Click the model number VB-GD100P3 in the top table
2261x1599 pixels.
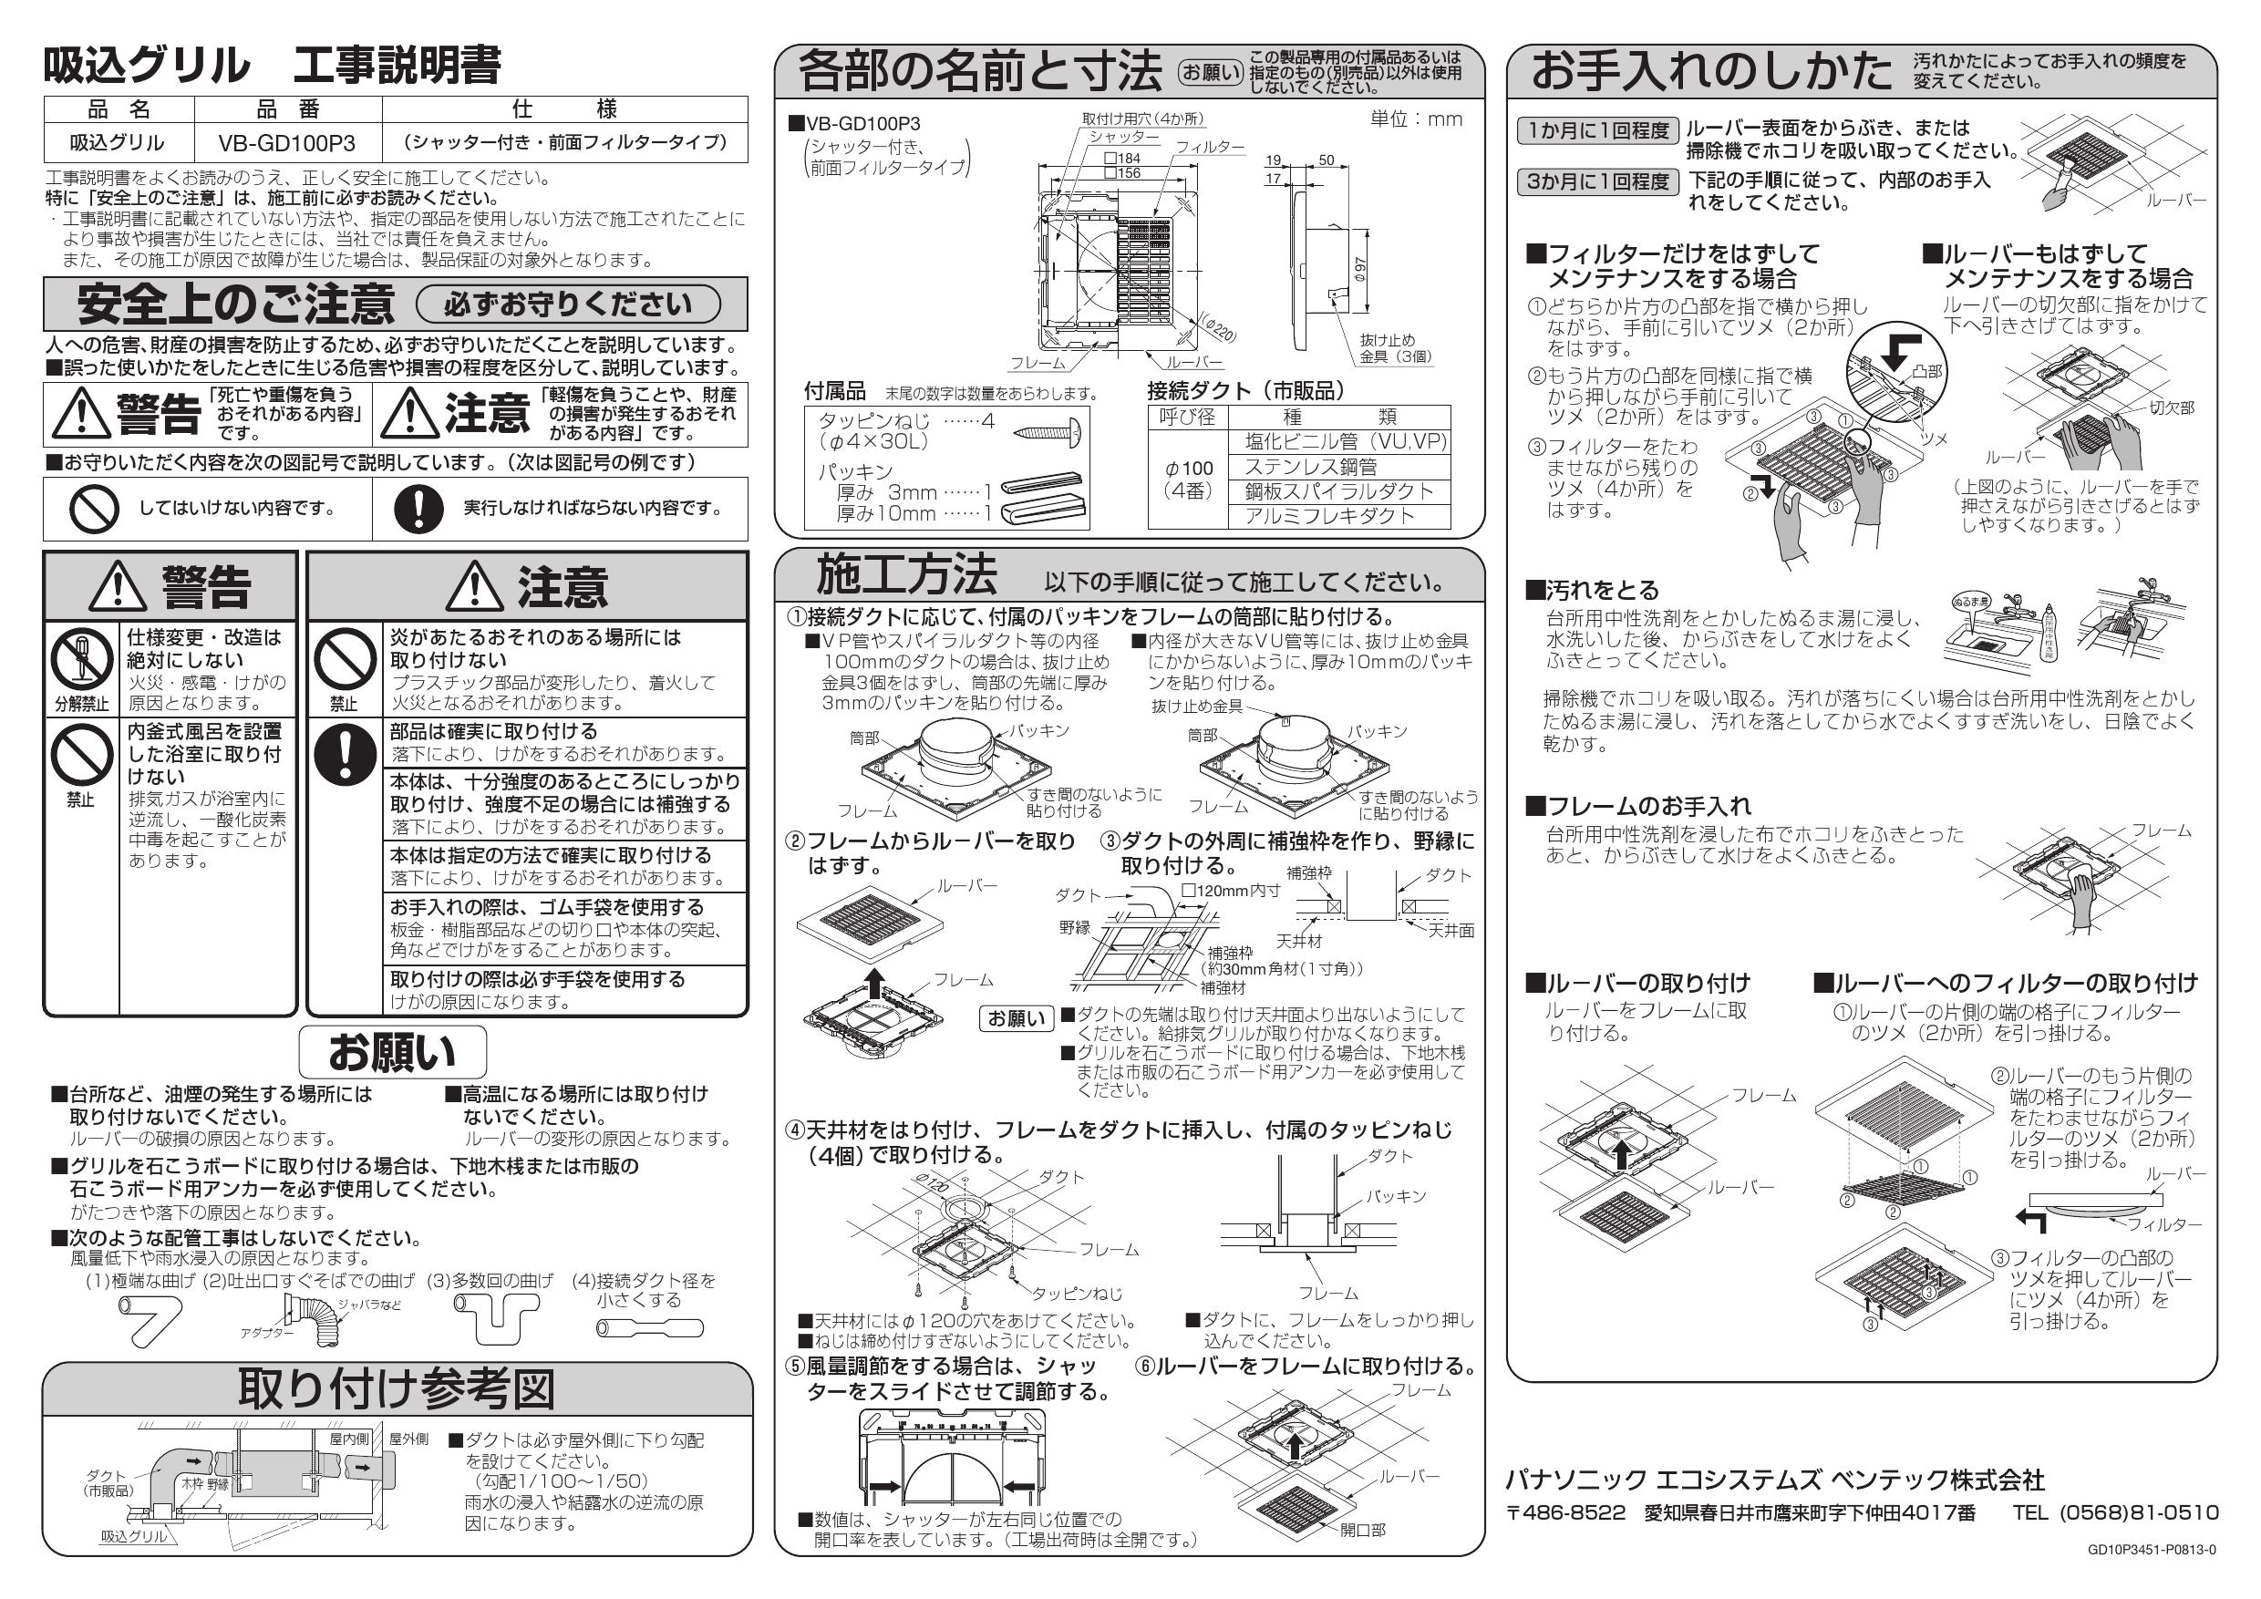(x=286, y=144)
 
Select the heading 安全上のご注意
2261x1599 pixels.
(x=235, y=304)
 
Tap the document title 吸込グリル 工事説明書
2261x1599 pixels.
(x=272, y=66)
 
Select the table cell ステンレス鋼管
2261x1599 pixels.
(x=1310, y=468)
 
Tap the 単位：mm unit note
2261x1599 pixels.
(x=1416, y=120)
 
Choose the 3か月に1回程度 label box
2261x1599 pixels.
(x=1597, y=182)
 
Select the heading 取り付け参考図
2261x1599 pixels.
(x=396, y=1389)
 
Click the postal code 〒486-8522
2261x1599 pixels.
(x=1565, y=1513)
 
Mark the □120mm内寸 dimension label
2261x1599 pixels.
(x=1231, y=891)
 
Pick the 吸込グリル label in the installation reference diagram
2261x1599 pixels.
(x=135, y=1537)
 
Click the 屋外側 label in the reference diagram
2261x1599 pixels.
(x=408, y=1439)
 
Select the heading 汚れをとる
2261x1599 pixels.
(x=1593, y=591)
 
